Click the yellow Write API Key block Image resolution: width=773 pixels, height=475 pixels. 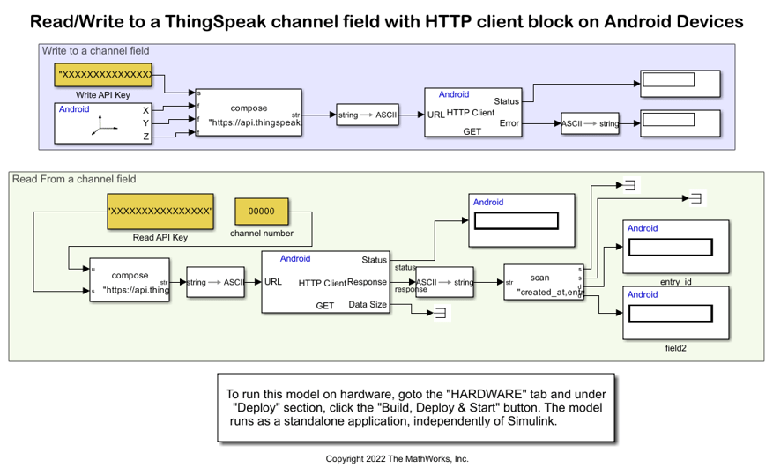pos(103,76)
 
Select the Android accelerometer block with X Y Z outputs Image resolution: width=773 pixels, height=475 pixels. pos(103,123)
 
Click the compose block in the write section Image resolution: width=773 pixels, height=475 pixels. pos(249,114)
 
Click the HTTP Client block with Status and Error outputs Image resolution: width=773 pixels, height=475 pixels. pos(472,112)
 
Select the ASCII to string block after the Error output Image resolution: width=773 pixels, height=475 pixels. pos(590,124)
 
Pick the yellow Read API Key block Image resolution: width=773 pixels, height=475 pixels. pos(160,212)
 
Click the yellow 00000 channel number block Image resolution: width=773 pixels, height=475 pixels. pos(261,212)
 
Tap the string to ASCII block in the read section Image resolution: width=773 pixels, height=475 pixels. pos(217,282)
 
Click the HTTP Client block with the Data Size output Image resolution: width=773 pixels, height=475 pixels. pos(325,282)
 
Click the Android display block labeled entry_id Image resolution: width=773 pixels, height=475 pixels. pos(674,247)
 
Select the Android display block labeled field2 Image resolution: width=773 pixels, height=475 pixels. pos(674,313)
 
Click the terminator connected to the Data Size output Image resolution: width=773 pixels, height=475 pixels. pos(441,313)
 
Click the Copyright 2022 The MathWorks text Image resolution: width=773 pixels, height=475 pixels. pos(397,459)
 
